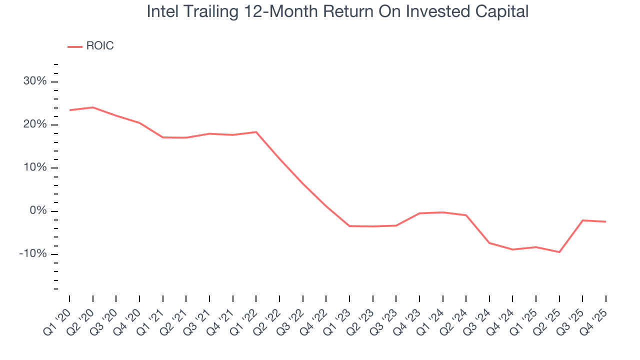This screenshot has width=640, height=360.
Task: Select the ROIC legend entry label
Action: tap(99, 46)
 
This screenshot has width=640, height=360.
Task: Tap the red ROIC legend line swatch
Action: tap(75, 46)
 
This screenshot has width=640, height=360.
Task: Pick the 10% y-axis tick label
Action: tap(35, 167)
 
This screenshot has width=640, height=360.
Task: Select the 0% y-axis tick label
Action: tap(38, 210)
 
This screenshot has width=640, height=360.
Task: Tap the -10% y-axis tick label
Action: tap(33, 253)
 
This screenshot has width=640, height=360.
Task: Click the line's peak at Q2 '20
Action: tap(92, 107)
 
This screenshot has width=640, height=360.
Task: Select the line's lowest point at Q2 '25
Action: tap(559, 252)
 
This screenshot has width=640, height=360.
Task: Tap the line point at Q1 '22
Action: tap(256, 132)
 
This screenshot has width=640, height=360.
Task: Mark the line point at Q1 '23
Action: tap(349, 226)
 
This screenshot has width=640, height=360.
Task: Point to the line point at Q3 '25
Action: tap(582, 220)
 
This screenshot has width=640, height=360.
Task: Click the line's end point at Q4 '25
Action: tap(606, 221)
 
